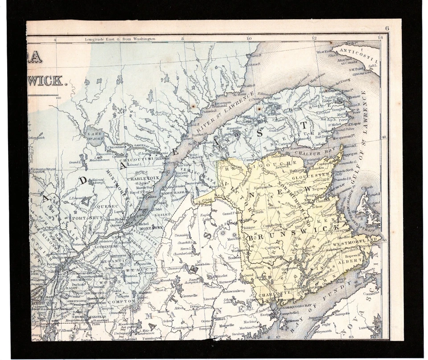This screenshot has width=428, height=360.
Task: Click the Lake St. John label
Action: tap(95, 135)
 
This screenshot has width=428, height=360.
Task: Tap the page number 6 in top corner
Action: tap(387, 28)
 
